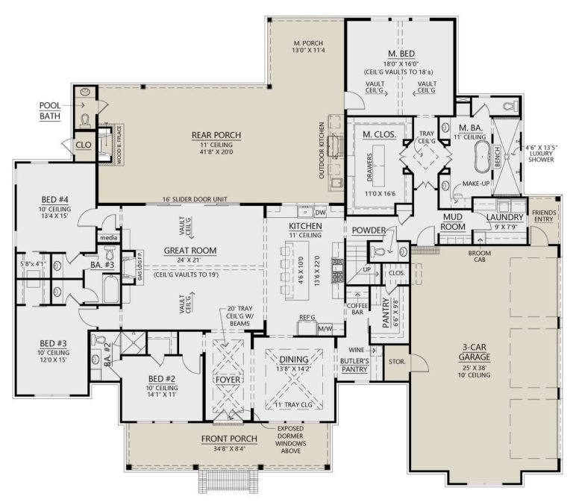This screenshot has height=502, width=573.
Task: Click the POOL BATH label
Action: pos(50,110)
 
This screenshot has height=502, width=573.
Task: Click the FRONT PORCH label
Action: pos(228,438)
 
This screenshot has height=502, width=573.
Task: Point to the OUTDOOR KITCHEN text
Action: pos(323,150)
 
